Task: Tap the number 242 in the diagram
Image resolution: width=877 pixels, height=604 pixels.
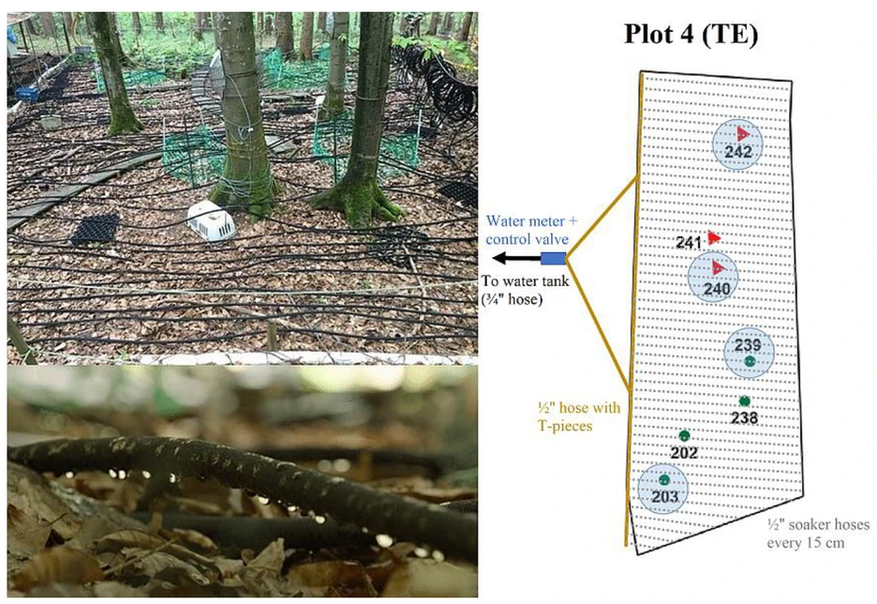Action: tap(738, 153)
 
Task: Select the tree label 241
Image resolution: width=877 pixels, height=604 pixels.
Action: tap(689, 243)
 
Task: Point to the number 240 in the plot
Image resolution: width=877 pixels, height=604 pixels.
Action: tap(716, 290)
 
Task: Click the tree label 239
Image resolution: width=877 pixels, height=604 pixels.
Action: tap(749, 345)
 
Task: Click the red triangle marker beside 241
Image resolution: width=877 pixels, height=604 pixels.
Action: tap(714, 238)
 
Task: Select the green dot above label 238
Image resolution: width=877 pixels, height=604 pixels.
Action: tap(744, 401)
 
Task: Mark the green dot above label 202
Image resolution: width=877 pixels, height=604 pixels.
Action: tap(684, 435)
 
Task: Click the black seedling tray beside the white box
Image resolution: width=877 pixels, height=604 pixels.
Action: tap(95, 228)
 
